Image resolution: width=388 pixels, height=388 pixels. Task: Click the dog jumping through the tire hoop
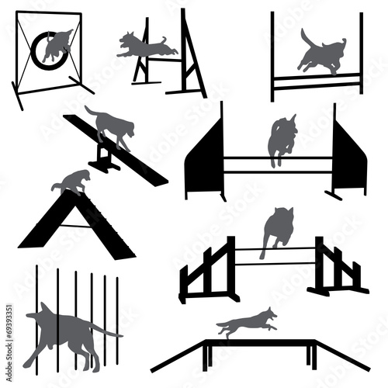click(x=56, y=48)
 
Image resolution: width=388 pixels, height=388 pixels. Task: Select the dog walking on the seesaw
click(x=110, y=125)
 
